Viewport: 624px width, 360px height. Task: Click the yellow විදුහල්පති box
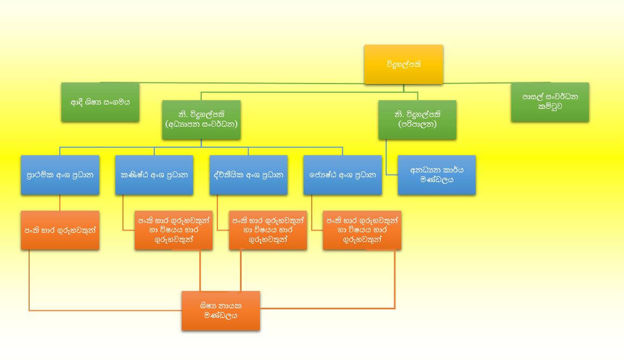(403, 64)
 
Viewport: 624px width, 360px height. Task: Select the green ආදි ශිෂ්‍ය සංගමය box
(100, 102)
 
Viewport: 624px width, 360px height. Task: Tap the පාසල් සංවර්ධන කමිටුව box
(550, 102)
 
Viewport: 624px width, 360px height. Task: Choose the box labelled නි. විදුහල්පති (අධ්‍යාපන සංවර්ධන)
(201, 120)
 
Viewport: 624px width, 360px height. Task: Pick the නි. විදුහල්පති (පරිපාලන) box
(417, 120)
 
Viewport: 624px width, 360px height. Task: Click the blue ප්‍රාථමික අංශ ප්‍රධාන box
(60, 175)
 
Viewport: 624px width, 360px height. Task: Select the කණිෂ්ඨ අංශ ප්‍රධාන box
(154, 175)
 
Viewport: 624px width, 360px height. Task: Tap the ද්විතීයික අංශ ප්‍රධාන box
(248, 175)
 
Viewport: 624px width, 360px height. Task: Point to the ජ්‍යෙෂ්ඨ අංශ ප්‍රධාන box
(342, 175)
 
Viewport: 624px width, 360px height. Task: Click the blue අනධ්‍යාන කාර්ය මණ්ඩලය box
(436, 175)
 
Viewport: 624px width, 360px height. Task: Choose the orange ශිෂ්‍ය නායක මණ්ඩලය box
(221, 311)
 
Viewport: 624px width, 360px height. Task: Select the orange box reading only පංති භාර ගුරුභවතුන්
(60, 230)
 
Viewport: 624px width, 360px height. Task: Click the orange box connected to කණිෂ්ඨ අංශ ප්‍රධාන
(173, 230)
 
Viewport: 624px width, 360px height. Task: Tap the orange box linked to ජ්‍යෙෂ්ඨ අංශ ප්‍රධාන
(362, 230)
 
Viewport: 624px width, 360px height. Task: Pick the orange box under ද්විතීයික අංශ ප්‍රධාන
(268, 230)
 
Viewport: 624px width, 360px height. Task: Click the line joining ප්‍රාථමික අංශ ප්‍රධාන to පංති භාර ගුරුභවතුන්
(59, 203)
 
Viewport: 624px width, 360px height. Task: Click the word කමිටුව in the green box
(550, 107)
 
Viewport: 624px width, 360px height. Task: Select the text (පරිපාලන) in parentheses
(417, 125)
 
